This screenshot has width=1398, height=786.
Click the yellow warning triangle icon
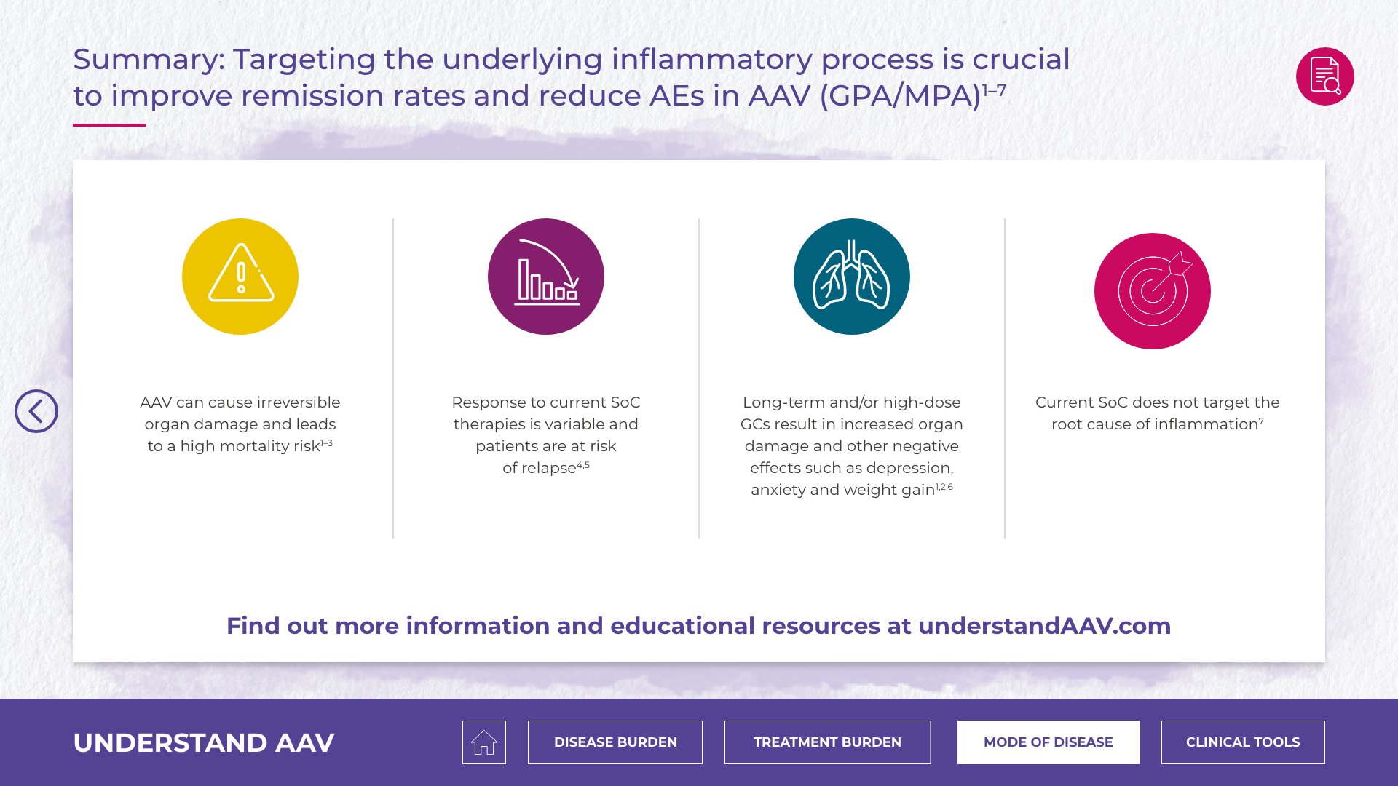[x=240, y=277]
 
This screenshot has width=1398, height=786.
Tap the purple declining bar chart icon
[x=546, y=277]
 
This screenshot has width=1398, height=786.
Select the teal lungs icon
[x=852, y=277]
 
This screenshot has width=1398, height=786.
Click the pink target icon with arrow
[x=1153, y=291]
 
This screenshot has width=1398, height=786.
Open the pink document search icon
[x=1325, y=76]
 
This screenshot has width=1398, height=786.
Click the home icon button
[x=484, y=742]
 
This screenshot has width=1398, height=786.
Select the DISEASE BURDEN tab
[x=615, y=742]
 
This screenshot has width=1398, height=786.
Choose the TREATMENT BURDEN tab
[x=827, y=742]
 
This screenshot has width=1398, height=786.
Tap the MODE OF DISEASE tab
[x=1048, y=742]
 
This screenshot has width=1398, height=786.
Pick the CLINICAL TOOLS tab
[x=1243, y=742]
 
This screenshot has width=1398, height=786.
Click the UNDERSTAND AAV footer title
[x=204, y=743]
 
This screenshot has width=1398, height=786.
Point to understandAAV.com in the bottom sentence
[x=1045, y=626]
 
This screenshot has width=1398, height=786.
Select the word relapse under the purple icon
[x=549, y=468]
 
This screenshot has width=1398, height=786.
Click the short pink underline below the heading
[x=109, y=125]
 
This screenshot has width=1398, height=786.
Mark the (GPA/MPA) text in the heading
[x=901, y=96]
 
